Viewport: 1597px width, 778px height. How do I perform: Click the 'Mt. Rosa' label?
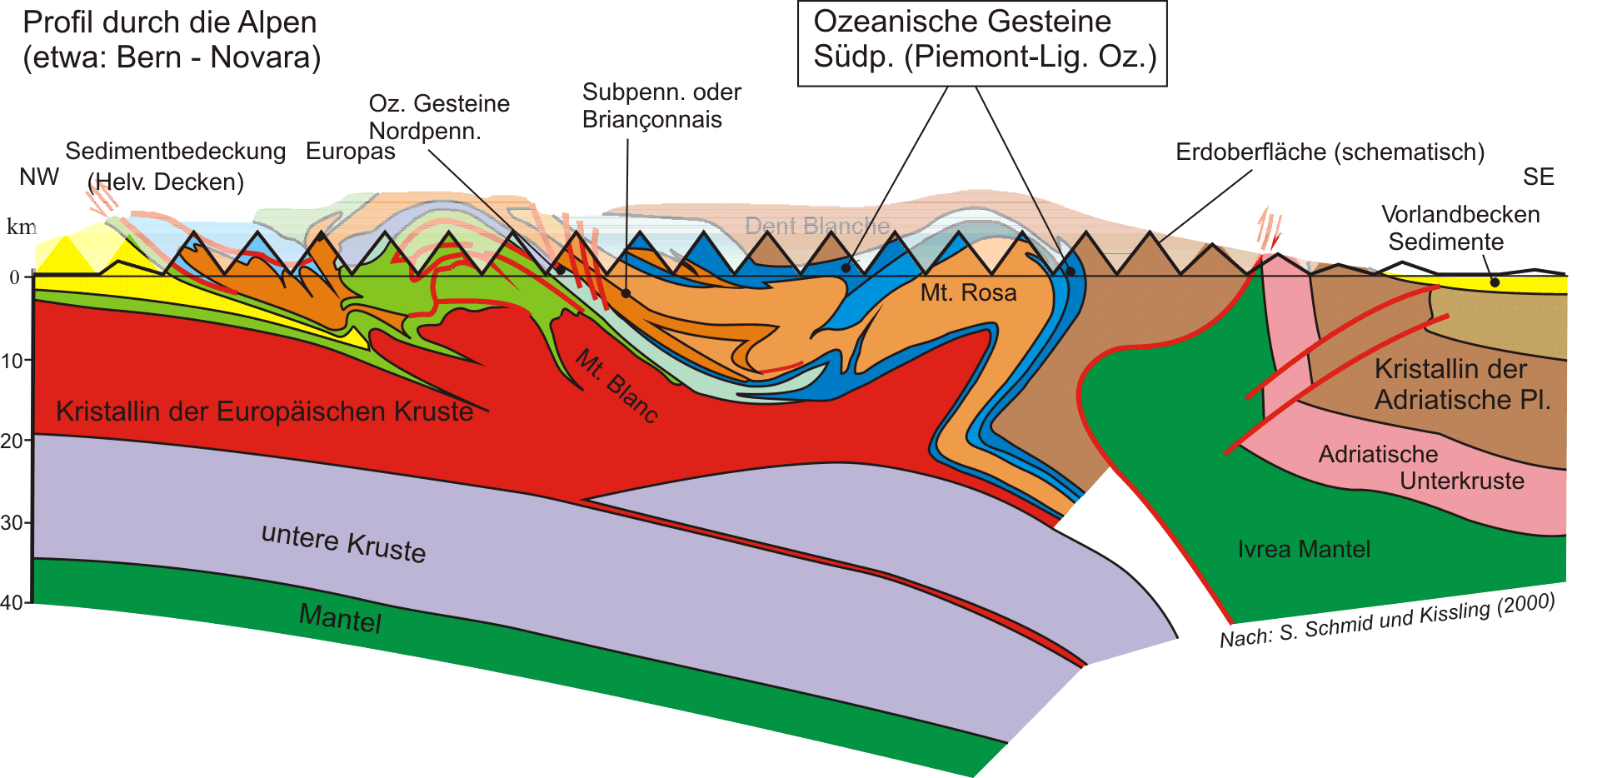coord(968,293)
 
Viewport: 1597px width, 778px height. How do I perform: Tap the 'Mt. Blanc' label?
coord(617,387)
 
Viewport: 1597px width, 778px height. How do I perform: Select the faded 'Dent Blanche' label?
coord(816,226)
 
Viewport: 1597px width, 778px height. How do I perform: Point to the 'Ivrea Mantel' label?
coord(1303,549)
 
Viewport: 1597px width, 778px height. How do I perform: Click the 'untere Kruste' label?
coord(343,542)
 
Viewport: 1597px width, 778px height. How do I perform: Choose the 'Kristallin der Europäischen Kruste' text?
coord(264,411)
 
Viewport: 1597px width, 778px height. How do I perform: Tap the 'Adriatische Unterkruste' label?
coord(1420,467)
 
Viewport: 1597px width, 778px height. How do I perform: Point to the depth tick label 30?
coord(12,523)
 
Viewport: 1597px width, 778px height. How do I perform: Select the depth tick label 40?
coord(12,602)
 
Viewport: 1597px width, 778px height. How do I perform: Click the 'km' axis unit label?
coord(22,227)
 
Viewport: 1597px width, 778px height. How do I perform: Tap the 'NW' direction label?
coord(39,177)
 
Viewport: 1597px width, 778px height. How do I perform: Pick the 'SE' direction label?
coord(1538,177)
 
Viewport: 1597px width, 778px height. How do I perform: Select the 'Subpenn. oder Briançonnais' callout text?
coord(661,106)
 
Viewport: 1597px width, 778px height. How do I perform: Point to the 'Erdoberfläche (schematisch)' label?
coord(1330,152)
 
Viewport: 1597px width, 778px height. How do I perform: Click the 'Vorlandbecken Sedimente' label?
coord(1460,227)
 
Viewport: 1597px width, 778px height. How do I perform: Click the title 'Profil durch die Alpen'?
coord(170,22)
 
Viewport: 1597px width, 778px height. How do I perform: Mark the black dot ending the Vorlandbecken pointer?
coord(1495,282)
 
